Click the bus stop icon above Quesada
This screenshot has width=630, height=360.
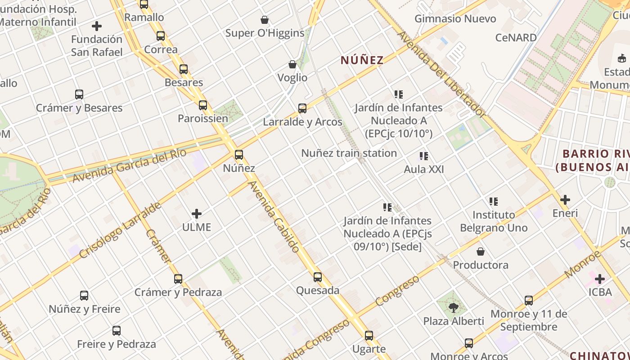point(318,277)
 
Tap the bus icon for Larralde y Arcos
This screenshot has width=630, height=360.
point(302,108)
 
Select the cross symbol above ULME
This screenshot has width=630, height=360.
point(197,213)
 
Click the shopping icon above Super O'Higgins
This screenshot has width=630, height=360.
point(265,20)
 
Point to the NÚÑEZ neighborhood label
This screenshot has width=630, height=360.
point(362,60)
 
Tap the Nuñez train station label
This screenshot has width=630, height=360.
point(349,153)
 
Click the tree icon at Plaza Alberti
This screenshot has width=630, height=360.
point(454,308)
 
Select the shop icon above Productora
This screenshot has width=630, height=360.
point(481,251)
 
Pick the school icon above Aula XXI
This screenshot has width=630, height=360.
point(423,156)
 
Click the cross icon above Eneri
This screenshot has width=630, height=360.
point(565,200)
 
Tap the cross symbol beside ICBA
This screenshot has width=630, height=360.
point(600,279)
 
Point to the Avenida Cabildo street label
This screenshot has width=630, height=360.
point(274,216)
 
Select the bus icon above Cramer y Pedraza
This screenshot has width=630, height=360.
point(178,279)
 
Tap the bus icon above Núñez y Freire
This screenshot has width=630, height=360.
point(84,296)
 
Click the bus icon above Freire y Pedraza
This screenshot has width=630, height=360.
point(117,331)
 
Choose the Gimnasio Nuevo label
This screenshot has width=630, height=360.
point(455,19)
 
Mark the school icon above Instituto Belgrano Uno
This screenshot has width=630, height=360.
point(494,201)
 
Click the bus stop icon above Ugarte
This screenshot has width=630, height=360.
point(369,336)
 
